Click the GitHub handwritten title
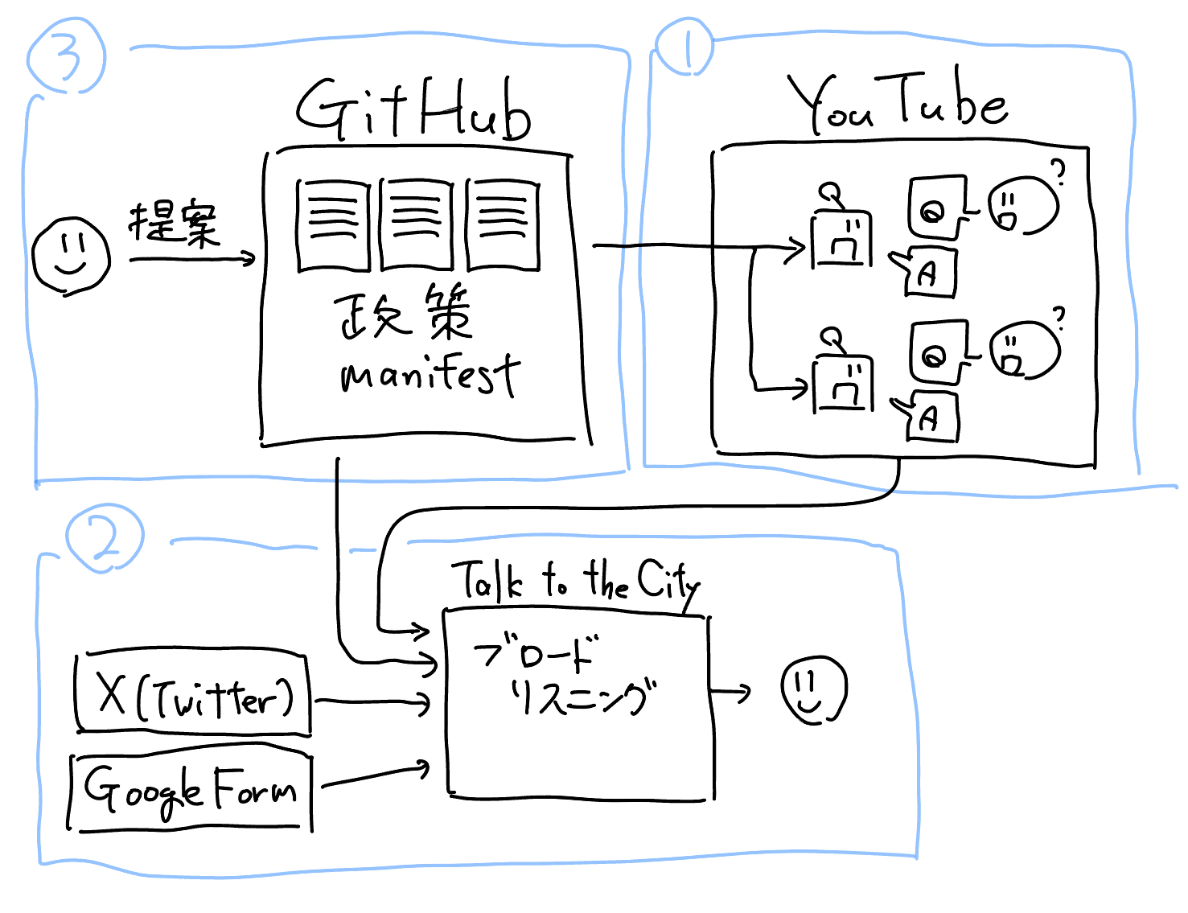point(413,110)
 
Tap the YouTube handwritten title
point(897,102)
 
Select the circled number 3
point(66,56)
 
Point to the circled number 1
point(684,47)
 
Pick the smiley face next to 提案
point(71,256)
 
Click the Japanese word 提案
point(174,223)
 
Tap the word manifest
point(430,376)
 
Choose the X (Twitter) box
point(193,693)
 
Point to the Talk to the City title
point(576,581)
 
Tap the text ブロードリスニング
point(563,676)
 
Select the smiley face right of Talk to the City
point(813,690)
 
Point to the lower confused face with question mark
point(1024,348)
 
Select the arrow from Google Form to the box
point(375,775)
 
